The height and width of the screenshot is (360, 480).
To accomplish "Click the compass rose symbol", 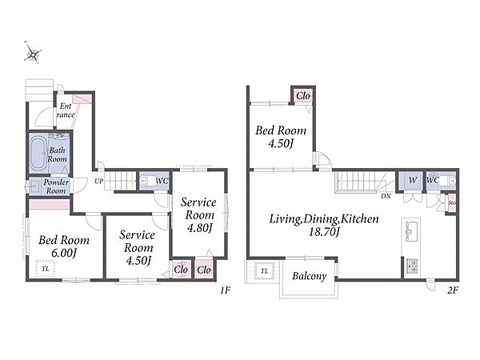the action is click(33, 54).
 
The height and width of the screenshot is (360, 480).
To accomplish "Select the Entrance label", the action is click(66, 110).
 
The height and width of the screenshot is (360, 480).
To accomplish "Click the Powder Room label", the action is click(56, 186).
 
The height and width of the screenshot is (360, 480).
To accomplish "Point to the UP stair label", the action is click(99, 182).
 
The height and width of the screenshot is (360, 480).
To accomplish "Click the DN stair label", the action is click(386, 196).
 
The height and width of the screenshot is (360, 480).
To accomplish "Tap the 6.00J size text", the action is click(64, 253).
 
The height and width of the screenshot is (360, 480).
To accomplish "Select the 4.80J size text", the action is click(199, 228).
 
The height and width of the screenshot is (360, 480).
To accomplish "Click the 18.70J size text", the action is click(324, 232).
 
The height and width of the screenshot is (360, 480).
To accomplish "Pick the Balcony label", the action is click(309, 276).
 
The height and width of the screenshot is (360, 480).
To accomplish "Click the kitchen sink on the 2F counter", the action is click(411, 231).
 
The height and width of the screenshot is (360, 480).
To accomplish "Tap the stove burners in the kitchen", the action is click(412, 266).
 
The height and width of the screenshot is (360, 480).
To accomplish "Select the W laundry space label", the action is click(413, 180).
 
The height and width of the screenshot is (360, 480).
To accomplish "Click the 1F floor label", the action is click(225, 290).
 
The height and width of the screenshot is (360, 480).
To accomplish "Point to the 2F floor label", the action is click(453, 290).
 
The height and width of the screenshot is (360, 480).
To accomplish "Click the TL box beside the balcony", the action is click(265, 271).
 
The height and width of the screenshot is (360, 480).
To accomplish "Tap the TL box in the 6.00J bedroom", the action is click(46, 269).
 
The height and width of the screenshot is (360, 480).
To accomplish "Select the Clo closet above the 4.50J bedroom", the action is click(302, 96).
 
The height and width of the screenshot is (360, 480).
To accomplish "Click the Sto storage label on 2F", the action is click(452, 203).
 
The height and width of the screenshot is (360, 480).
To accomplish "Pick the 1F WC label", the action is click(162, 181).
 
